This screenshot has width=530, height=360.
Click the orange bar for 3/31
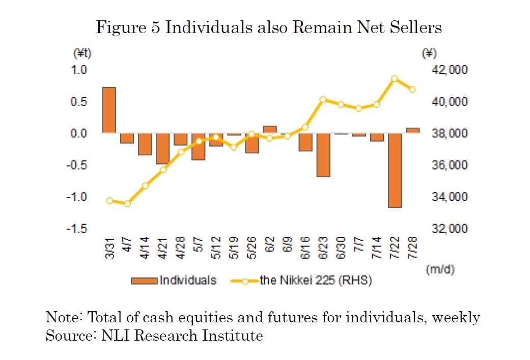point(109,110)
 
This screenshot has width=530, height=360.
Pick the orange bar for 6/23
point(323,155)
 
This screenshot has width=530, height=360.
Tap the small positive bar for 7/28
point(413,130)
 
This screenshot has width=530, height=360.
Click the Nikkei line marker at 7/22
point(395,79)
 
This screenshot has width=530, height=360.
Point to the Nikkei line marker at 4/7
point(127,203)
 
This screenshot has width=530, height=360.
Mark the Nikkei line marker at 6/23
point(323,100)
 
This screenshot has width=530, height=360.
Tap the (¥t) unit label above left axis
point(82,53)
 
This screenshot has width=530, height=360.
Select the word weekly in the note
point(457,317)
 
